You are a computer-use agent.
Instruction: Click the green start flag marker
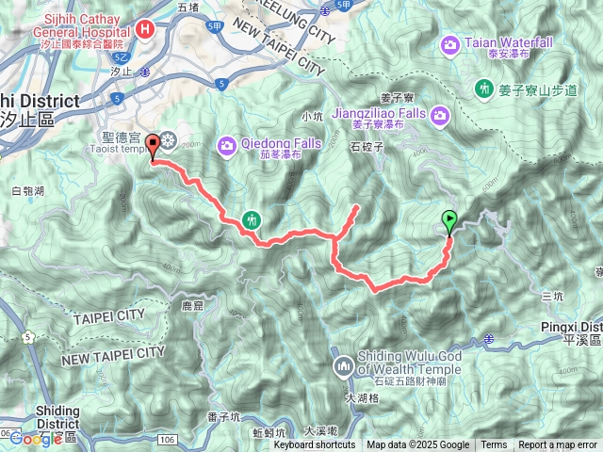click(x=449, y=221)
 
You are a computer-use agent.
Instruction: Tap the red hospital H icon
click(x=145, y=29)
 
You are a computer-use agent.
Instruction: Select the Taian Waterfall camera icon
click(x=451, y=43)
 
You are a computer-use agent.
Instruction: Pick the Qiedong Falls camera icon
click(x=227, y=144)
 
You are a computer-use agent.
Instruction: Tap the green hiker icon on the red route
click(x=252, y=219)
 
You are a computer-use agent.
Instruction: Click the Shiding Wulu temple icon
click(x=341, y=364)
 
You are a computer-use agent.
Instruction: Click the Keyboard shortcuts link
click(x=315, y=445)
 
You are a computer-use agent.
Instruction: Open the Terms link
click(x=493, y=445)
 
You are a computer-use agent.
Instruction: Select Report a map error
click(x=559, y=445)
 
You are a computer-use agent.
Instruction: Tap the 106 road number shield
click(x=167, y=439)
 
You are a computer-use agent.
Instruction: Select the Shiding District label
click(x=57, y=416)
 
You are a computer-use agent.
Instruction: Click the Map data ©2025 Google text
click(x=417, y=445)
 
